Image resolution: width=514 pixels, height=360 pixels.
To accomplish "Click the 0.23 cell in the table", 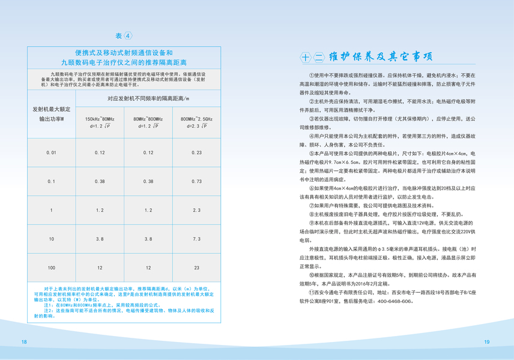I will click(x=196, y=153).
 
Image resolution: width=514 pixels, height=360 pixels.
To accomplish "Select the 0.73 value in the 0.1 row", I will click(x=196, y=181).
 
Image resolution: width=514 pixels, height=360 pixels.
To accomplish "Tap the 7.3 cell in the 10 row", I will click(x=196, y=239).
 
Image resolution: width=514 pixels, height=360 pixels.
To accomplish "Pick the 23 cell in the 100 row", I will click(x=196, y=267).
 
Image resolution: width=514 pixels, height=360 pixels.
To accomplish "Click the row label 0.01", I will click(x=52, y=153).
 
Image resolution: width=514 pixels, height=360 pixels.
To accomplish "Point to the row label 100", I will click(x=52, y=267).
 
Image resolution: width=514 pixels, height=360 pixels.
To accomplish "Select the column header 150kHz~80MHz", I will click(x=100, y=119).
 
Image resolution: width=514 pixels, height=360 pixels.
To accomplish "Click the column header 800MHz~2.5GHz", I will click(x=196, y=119).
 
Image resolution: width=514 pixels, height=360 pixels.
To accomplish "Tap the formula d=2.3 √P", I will click(x=196, y=127).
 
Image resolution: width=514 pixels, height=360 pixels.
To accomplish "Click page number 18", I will click(x=24, y=341).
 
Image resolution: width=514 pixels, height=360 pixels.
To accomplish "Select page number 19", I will click(x=488, y=341).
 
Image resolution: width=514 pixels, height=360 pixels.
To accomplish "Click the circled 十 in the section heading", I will click(x=305, y=58).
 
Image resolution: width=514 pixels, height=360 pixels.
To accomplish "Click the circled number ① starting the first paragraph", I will click(x=311, y=76).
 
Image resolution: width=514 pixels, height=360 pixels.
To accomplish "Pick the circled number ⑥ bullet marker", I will click(x=311, y=189).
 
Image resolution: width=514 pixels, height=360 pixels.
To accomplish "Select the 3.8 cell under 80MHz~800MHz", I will click(x=148, y=239).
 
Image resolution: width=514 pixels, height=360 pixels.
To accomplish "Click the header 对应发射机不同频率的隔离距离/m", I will click(x=148, y=98).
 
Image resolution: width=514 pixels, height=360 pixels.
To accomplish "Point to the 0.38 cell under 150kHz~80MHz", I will click(x=100, y=181).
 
